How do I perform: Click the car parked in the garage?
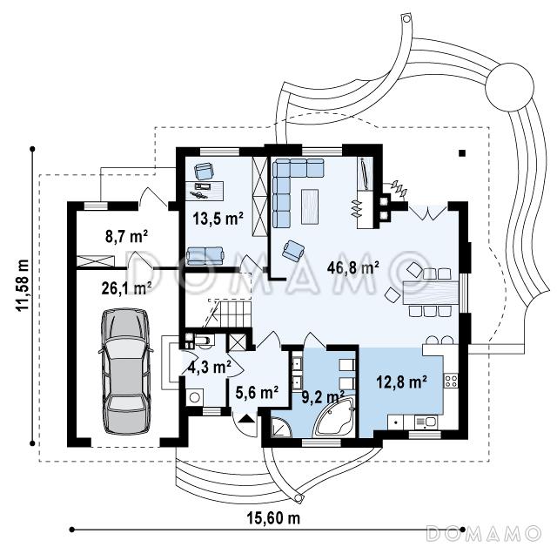tap(125, 371)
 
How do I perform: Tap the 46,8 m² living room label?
tap(352, 267)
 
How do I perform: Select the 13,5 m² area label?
tap(218, 218)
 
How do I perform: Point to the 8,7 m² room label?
tap(126, 236)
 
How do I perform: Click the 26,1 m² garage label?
tap(126, 288)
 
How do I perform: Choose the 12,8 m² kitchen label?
tap(401, 382)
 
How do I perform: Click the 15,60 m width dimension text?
tap(273, 518)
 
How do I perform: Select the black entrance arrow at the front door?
tap(246, 418)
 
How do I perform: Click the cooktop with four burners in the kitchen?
tap(451, 381)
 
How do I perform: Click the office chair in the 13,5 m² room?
tap(204, 171)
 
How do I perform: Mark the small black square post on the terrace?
tap(462, 153)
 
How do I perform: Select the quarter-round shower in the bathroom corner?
tap(281, 427)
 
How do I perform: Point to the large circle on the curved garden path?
tap(510, 87)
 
